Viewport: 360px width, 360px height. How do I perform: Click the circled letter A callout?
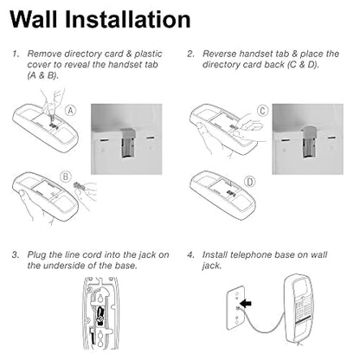[x=70, y=111]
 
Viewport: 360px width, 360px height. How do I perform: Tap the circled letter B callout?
[x=66, y=177]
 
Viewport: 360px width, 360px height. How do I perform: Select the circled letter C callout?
[x=262, y=111]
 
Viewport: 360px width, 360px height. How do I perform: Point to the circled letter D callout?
[x=250, y=182]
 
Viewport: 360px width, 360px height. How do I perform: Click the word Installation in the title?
[x=128, y=19]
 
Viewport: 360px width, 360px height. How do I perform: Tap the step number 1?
[x=16, y=54]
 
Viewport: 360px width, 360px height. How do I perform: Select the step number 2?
[x=190, y=54]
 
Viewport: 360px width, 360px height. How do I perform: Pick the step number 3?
[x=16, y=255]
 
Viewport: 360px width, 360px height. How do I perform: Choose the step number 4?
[x=190, y=255]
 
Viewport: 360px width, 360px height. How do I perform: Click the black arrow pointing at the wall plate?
[x=246, y=304]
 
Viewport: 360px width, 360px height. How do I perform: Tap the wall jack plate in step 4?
[x=236, y=307]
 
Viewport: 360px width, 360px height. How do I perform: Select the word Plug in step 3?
[x=36, y=255]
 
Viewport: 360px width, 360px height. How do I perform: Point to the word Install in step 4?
[x=215, y=255]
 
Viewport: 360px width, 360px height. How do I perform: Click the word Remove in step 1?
[x=44, y=54]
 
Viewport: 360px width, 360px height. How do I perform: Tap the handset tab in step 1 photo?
[x=127, y=143]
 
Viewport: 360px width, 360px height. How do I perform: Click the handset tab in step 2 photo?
[x=308, y=142]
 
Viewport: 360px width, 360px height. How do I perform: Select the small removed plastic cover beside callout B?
[x=80, y=187]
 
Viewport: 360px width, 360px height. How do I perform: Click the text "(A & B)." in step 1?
[x=43, y=75]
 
